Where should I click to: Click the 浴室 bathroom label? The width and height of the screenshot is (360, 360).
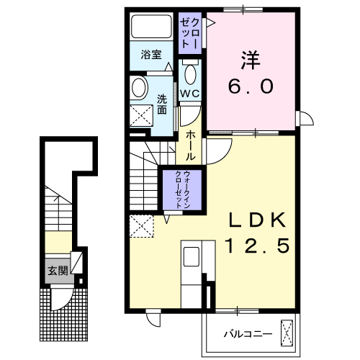[151, 55]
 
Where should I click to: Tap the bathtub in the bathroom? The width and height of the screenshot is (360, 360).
[151, 27]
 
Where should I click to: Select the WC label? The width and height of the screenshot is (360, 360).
[190, 94]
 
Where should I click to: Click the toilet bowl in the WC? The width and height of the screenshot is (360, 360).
[190, 74]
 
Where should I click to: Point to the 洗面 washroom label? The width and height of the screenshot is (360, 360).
[162, 104]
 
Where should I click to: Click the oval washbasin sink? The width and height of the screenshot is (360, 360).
[139, 87]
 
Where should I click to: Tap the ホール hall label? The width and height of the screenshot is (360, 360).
[190, 145]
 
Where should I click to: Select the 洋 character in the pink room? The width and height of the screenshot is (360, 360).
[251, 60]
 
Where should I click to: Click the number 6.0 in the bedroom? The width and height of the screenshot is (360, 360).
[251, 86]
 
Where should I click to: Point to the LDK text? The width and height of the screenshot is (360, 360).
[258, 220]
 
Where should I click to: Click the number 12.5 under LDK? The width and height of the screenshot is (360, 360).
[258, 246]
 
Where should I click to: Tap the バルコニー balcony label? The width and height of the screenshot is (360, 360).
[248, 334]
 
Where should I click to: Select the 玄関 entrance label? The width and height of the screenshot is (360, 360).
[58, 271]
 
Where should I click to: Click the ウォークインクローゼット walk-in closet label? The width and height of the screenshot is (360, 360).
[183, 189]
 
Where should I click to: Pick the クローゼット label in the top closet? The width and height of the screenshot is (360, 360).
[190, 33]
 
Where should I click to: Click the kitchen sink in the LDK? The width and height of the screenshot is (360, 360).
[192, 256]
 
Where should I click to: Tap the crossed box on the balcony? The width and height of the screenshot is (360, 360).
[287, 333]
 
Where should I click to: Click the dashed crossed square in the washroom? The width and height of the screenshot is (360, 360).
[142, 115]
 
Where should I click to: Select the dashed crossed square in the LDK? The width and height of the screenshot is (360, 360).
[142, 226]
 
